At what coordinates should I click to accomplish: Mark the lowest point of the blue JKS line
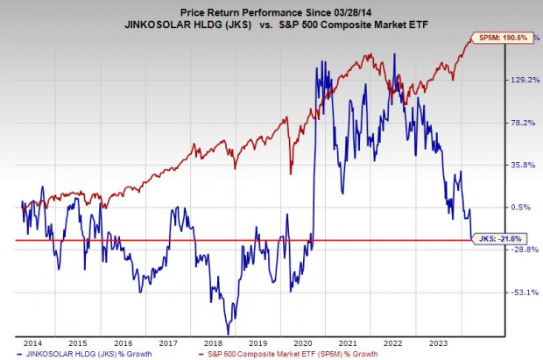point(229,332)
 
